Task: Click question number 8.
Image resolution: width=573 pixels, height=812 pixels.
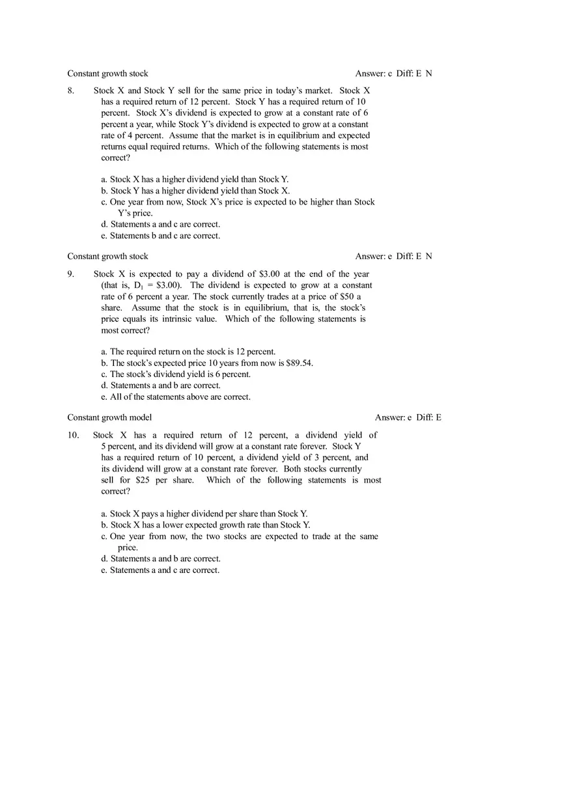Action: pos(70,91)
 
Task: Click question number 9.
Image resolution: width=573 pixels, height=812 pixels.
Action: pos(70,274)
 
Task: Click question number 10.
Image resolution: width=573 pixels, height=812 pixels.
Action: pos(73,435)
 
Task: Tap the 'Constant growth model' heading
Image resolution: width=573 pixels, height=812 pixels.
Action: pos(109,417)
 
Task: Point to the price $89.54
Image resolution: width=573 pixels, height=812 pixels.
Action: pos(299,363)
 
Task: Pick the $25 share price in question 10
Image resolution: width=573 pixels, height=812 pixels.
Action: pos(143,480)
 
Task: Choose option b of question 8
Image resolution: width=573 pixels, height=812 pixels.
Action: pos(195,191)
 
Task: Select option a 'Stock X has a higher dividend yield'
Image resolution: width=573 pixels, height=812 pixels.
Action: pos(195,179)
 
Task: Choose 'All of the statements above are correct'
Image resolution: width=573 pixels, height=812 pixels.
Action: pos(176,397)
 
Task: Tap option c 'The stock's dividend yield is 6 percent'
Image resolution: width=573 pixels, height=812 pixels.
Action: pos(176,374)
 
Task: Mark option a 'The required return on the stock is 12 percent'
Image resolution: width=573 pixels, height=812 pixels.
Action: pos(188,352)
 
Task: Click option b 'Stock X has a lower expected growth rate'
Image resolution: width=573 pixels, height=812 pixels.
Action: pos(205,525)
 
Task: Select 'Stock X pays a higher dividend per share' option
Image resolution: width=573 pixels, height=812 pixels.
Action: pos(204,514)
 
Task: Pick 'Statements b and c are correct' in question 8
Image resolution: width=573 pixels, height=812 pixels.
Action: pos(160,236)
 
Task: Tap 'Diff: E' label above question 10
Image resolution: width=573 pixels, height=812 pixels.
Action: pos(428,417)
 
